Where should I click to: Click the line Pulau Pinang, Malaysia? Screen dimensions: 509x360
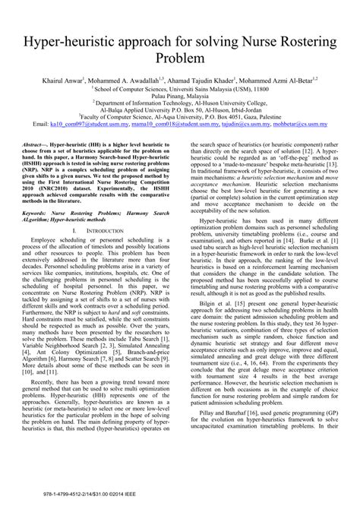(180, 97)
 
